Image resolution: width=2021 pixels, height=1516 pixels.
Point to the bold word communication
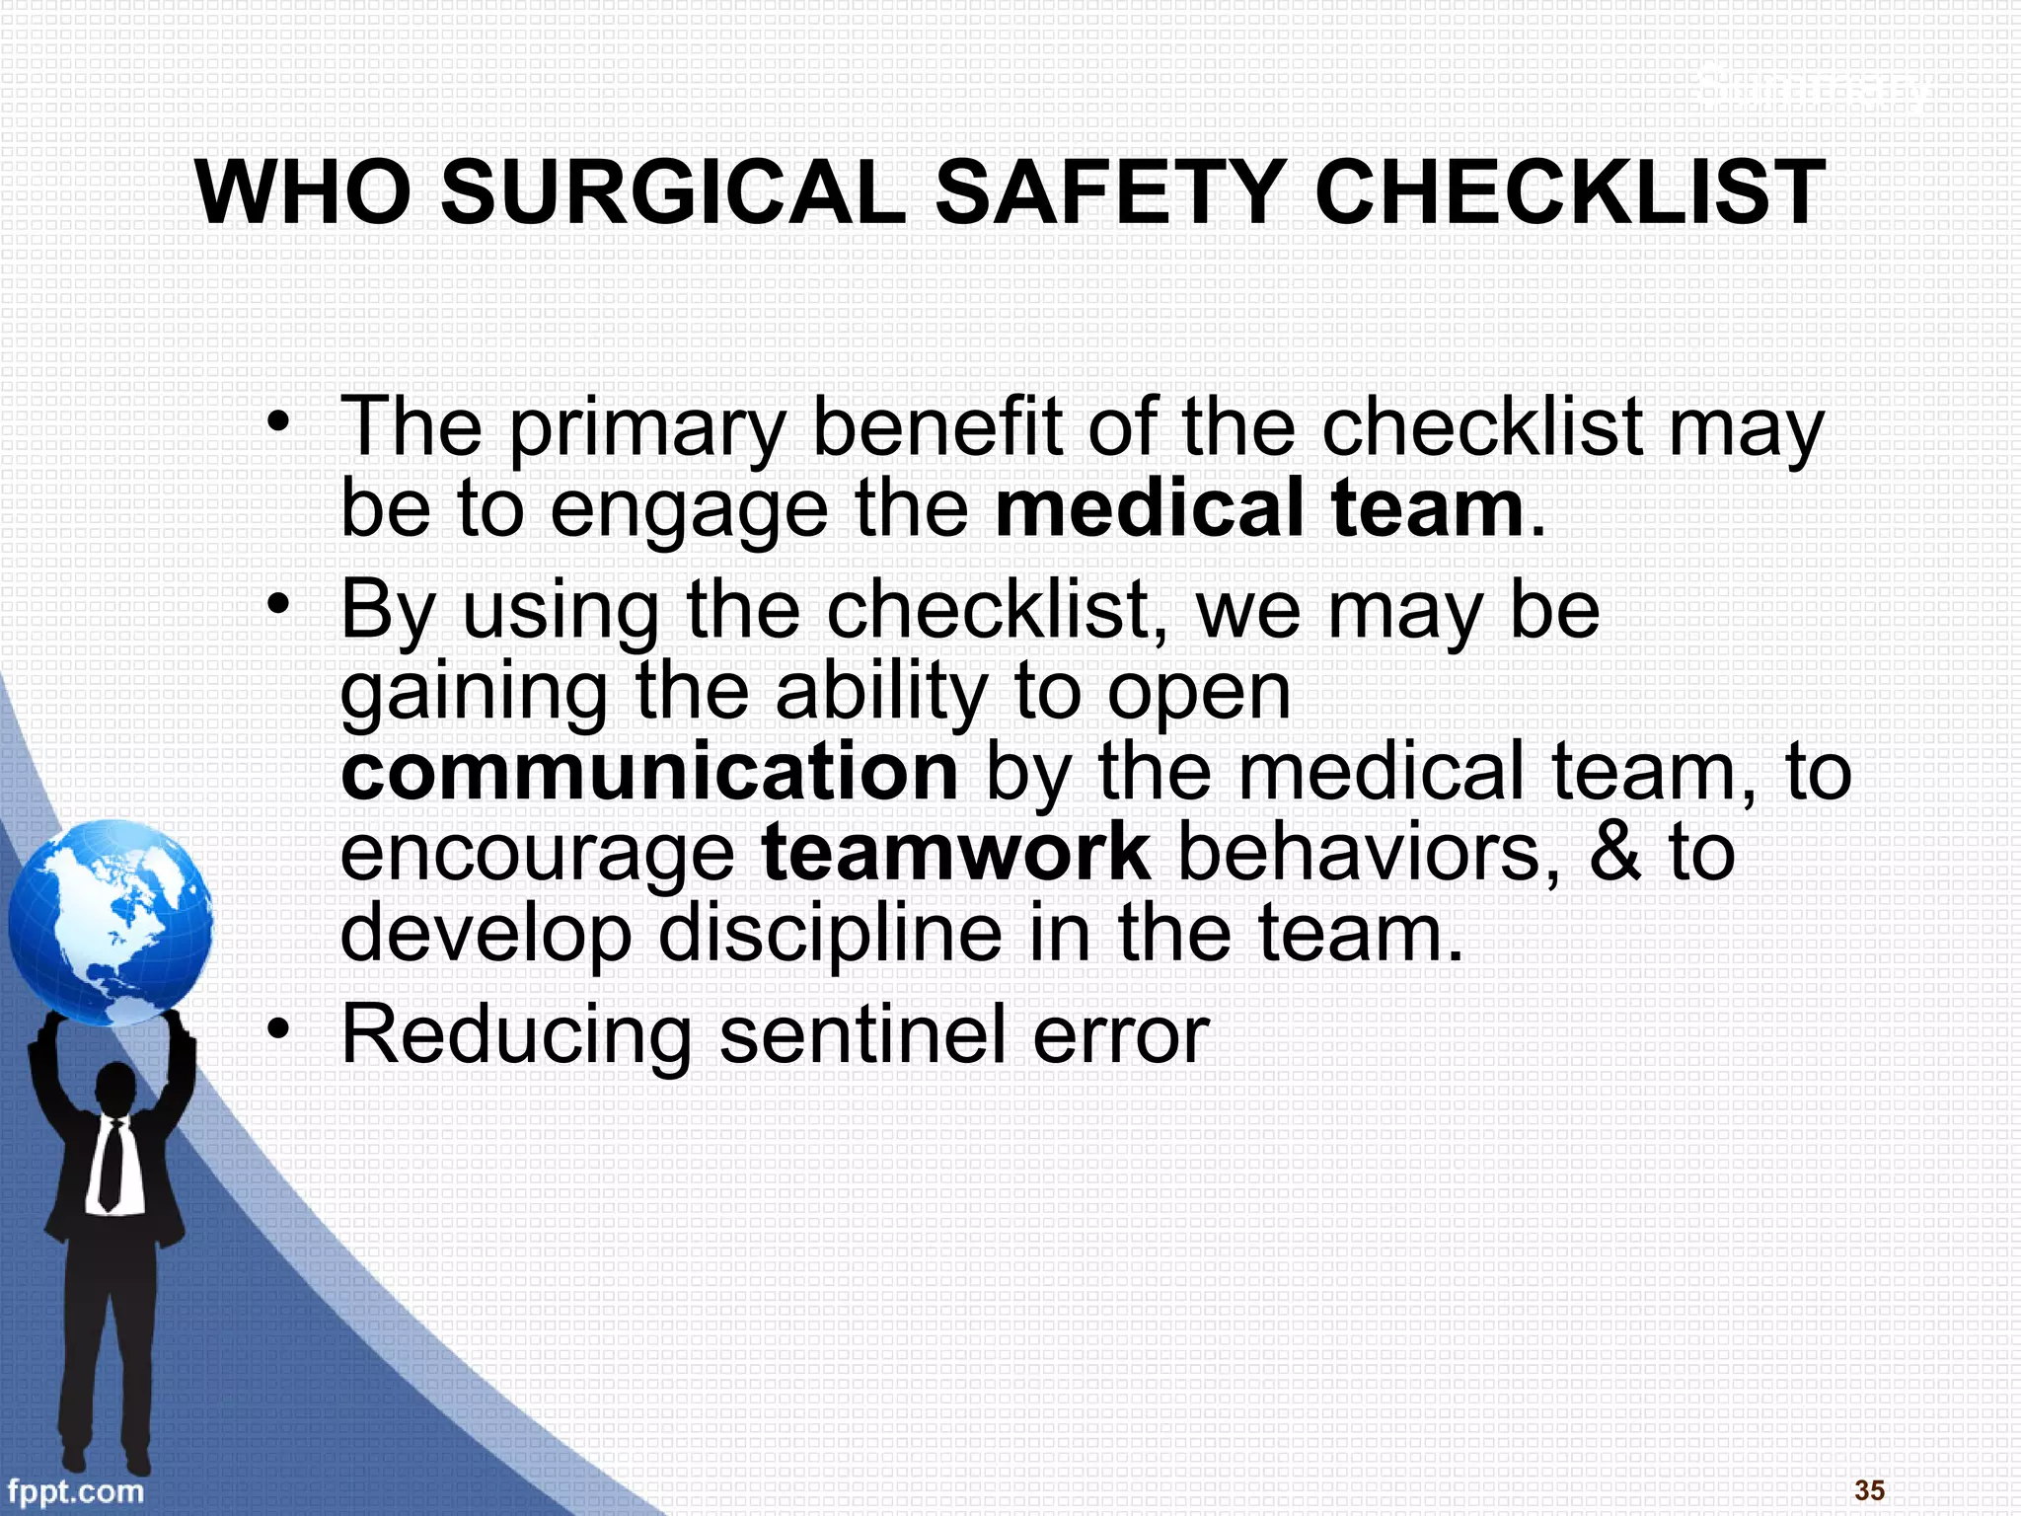648,772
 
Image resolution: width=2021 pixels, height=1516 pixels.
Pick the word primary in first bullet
647,430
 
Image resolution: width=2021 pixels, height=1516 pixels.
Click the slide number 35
1869,1490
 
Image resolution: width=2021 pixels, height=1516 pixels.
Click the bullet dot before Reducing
279,1030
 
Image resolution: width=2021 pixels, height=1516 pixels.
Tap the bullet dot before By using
279,603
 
